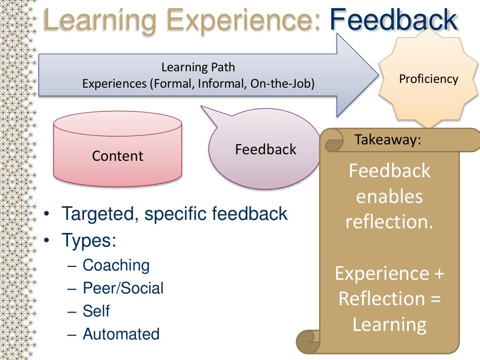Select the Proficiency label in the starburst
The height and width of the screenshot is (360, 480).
click(428, 79)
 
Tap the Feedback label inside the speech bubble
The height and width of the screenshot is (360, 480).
click(265, 150)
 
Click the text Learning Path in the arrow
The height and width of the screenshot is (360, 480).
click(198, 67)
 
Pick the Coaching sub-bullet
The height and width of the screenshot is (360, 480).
click(116, 265)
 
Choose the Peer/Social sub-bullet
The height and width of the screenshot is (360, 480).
click(123, 288)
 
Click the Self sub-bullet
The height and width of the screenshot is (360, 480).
click(96, 311)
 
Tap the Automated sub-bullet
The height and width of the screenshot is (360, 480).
click(121, 334)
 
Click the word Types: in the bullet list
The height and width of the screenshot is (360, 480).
click(89, 240)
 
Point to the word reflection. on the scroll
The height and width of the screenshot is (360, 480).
click(389, 222)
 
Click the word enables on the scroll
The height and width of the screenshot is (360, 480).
click(389, 196)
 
